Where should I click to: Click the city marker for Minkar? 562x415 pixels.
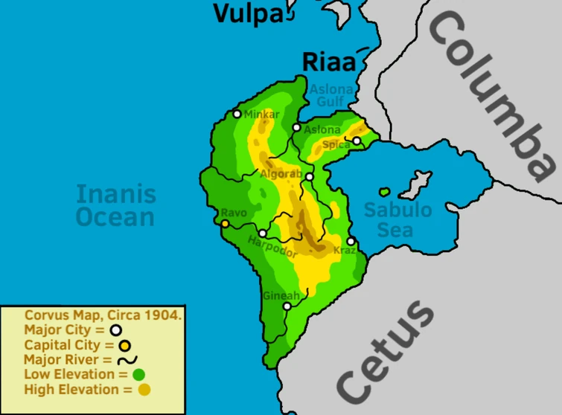click(x=237, y=114)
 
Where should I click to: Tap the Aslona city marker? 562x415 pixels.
click(x=296, y=128)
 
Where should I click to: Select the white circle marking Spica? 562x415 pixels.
click(x=357, y=141)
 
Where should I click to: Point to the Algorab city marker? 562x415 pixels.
click(x=309, y=176)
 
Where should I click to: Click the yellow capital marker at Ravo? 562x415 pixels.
click(x=225, y=223)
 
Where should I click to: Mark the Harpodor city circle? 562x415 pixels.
click(x=262, y=234)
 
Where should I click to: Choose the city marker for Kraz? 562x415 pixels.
click(x=351, y=241)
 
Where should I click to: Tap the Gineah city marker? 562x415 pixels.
click(x=287, y=306)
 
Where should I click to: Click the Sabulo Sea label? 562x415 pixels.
click(x=397, y=219)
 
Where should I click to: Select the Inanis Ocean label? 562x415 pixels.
click(x=116, y=206)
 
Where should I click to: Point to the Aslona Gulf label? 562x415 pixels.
click(x=333, y=95)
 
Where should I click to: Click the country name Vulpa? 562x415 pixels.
click(x=249, y=13)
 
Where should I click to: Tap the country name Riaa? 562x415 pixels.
click(x=328, y=62)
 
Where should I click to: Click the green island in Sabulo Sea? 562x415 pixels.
click(x=384, y=192)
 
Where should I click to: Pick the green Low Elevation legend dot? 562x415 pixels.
click(x=138, y=374)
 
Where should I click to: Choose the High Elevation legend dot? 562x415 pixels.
click(x=144, y=390)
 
